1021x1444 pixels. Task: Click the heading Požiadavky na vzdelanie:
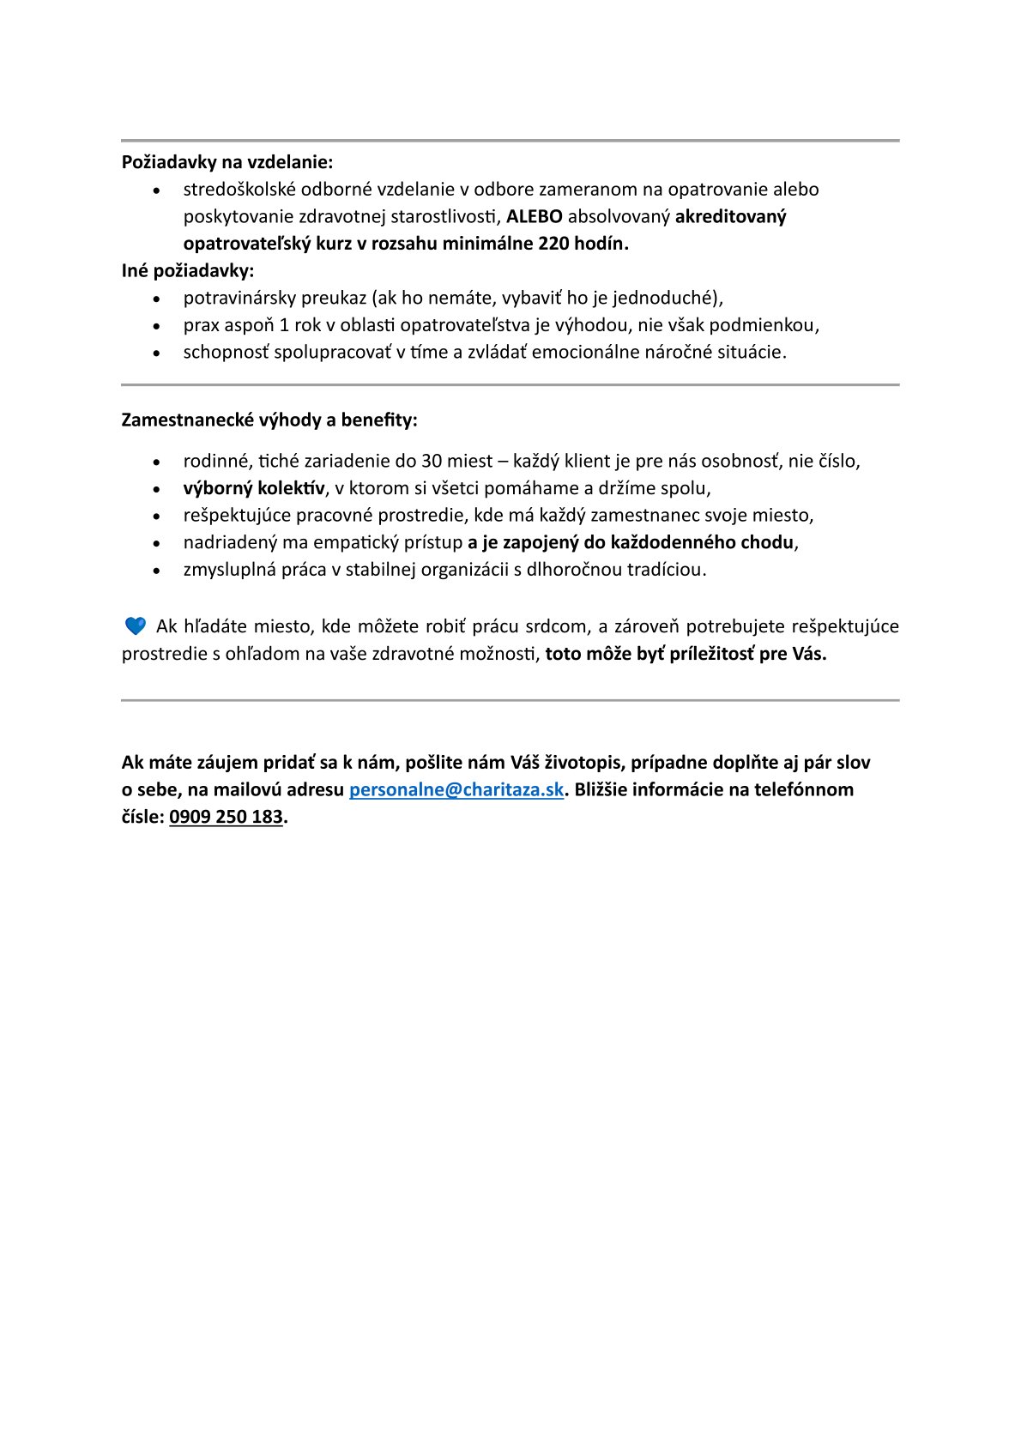[x=227, y=162]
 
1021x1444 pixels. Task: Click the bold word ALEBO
[x=534, y=216]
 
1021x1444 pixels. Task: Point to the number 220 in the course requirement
[x=553, y=244]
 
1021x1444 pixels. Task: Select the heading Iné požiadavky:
[x=188, y=271]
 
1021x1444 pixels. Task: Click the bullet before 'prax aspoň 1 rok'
[x=156, y=326]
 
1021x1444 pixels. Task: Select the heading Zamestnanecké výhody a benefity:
[x=269, y=420]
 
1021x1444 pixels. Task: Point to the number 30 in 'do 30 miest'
[x=432, y=462]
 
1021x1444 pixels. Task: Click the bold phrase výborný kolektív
[x=254, y=488]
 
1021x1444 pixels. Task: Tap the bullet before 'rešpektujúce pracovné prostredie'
[x=156, y=517]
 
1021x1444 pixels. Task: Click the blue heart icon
[x=136, y=626]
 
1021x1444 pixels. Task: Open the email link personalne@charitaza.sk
[x=456, y=790]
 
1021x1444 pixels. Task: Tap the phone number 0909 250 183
[x=226, y=818]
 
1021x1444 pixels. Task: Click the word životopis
[x=580, y=763]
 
